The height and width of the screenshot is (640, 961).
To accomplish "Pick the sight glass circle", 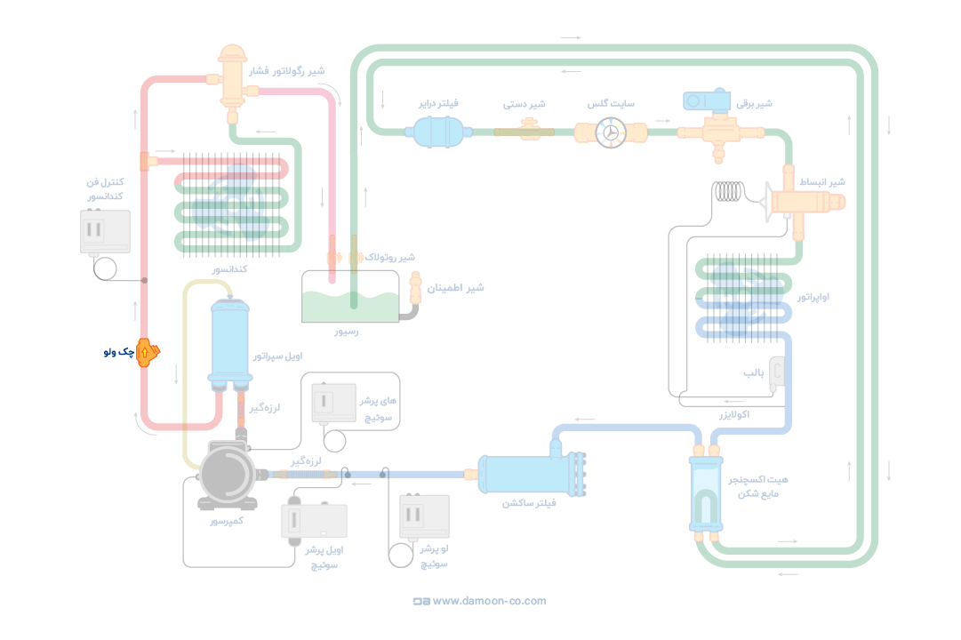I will tap(611, 132).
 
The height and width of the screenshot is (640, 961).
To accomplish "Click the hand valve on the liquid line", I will tap(525, 132).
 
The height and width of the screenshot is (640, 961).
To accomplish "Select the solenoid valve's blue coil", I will tap(707, 100).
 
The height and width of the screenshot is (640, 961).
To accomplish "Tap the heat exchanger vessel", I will tap(706, 492).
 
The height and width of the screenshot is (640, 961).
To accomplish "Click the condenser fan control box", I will tap(105, 232).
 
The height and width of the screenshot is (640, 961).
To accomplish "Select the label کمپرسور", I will tap(226, 520).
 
